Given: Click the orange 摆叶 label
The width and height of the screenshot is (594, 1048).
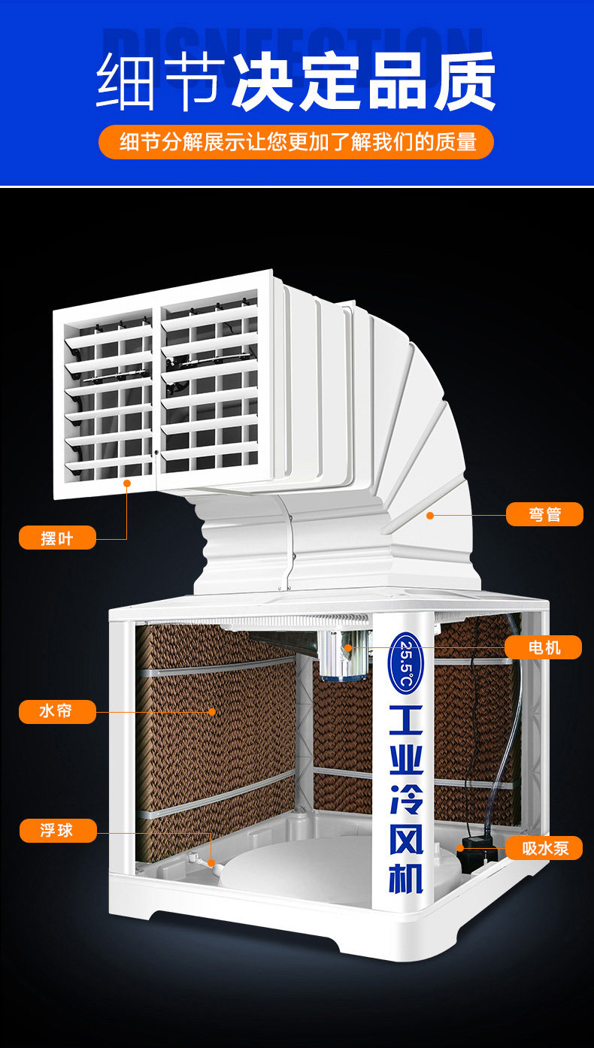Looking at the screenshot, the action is pyautogui.click(x=57, y=538).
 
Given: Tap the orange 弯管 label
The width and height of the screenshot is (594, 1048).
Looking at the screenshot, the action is pyautogui.click(x=544, y=514).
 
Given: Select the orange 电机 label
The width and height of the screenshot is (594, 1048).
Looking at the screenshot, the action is pyautogui.click(x=543, y=647).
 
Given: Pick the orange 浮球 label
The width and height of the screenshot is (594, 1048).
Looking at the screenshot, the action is pyautogui.click(x=57, y=831).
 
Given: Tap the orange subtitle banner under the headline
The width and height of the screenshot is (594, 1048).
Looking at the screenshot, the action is pyautogui.click(x=296, y=141).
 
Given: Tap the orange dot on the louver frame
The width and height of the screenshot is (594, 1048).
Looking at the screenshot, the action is pyautogui.click(x=127, y=483).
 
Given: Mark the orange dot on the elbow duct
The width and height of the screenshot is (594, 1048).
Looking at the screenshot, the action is pyautogui.click(x=430, y=515).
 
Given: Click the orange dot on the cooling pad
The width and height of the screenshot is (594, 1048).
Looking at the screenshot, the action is pyautogui.click(x=213, y=710).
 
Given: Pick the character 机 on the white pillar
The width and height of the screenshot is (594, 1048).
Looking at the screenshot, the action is pyautogui.click(x=407, y=876).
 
